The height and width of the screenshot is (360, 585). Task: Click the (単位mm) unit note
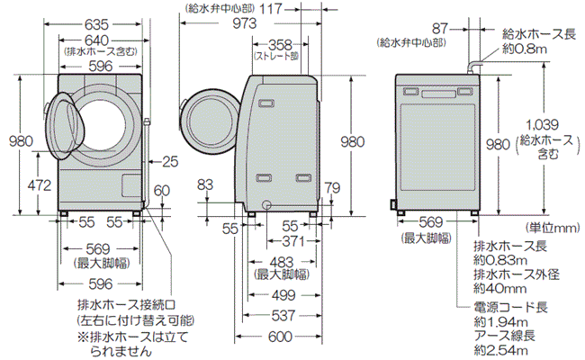click(x=552, y=227)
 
